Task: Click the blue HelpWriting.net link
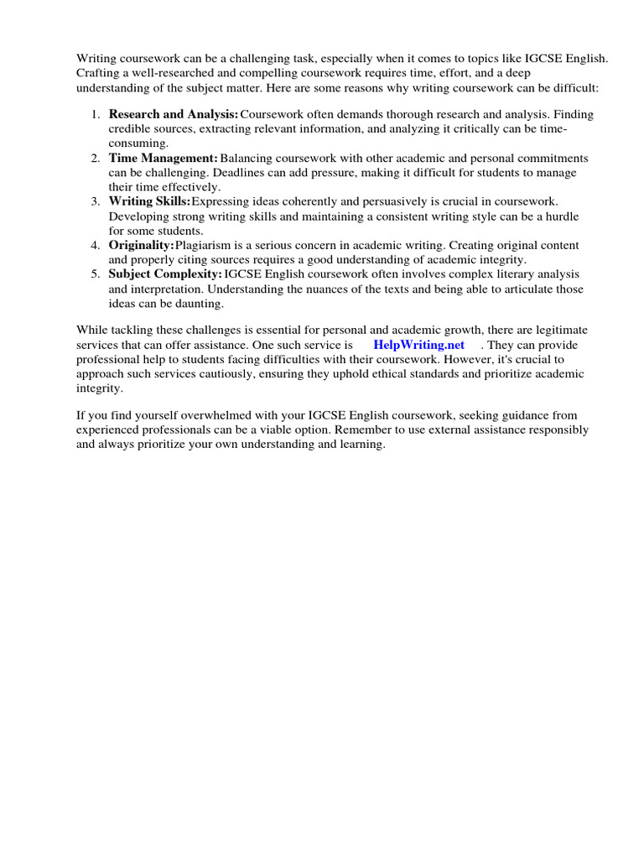(x=418, y=346)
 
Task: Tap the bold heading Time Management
(x=163, y=158)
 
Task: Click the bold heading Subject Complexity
(x=165, y=274)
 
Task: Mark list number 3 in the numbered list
(x=95, y=201)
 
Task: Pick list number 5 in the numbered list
(x=95, y=274)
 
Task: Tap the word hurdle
(x=562, y=216)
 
